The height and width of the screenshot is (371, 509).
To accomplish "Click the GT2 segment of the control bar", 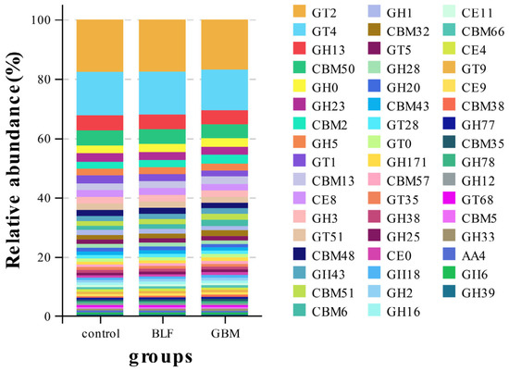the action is pyautogui.click(x=100, y=45).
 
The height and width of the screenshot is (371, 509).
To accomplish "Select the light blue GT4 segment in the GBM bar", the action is pyautogui.click(x=225, y=90).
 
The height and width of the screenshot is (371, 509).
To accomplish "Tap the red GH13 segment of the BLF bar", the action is pyautogui.click(x=162, y=122).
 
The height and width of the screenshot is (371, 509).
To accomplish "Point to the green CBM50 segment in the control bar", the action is pyautogui.click(x=100, y=138).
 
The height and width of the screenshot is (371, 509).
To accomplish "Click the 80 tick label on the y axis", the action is pyautogui.click(x=44, y=80).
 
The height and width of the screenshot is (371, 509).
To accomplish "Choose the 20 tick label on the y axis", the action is pyautogui.click(x=44, y=257).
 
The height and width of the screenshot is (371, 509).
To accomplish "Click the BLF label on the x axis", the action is pyautogui.click(x=162, y=333).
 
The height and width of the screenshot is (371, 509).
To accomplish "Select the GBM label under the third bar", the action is pyautogui.click(x=225, y=333).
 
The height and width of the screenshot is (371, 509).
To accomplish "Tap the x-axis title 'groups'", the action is pyautogui.click(x=161, y=357).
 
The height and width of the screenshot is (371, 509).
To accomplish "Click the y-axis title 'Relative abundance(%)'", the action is pyautogui.click(x=14, y=160).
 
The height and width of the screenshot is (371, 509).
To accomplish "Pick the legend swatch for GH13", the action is pyautogui.click(x=299, y=48).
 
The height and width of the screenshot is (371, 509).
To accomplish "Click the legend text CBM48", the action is pyautogui.click(x=333, y=255).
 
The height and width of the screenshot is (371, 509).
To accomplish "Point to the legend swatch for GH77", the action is pyautogui.click(x=449, y=123).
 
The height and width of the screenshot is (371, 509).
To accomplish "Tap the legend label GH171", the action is pyautogui.click(x=406, y=162).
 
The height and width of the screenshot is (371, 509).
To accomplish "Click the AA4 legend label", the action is pyautogui.click(x=473, y=255).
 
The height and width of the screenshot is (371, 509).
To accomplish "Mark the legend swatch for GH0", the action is pyautogui.click(x=299, y=86).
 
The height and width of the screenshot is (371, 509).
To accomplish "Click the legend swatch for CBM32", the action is pyautogui.click(x=374, y=30).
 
